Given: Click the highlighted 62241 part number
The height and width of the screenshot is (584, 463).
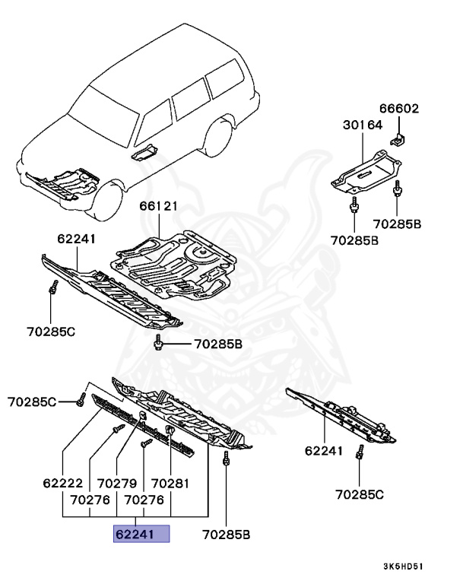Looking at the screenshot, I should (x=141, y=535).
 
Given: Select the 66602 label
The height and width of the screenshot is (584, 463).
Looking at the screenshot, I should (x=400, y=109).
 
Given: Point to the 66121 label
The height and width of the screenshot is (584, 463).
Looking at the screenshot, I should (x=158, y=205).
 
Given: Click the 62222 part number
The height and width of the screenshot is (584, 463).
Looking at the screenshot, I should (x=62, y=484).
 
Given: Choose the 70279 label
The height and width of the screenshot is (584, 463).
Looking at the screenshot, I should (x=116, y=484).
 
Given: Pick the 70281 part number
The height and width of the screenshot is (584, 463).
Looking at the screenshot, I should (x=170, y=484).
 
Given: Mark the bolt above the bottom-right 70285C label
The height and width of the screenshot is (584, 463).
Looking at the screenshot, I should (x=359, y=454).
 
